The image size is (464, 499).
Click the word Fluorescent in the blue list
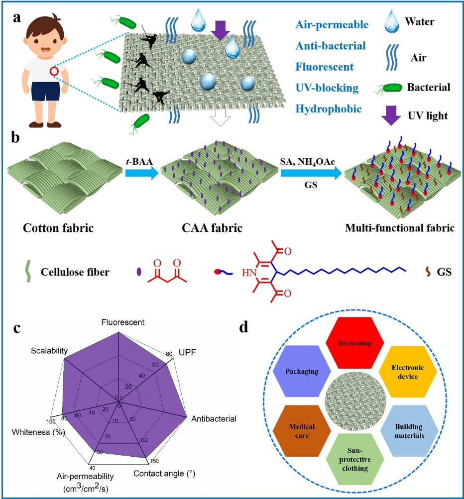324,67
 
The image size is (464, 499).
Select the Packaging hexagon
302,371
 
